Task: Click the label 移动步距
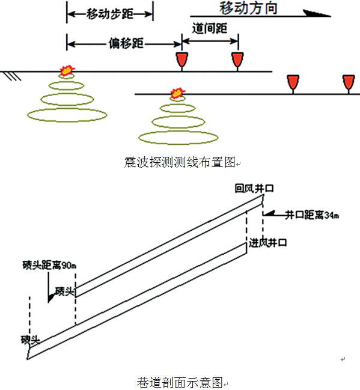pyautogui.click(x=110, y=14)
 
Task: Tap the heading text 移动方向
pyautogui.click(x=248, y=8)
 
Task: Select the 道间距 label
pyautogui.click(x=210, y=28)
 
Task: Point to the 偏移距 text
pyautogui.click(x=126, y=43)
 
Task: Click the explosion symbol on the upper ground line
pyautogui.click(x=67, y=70)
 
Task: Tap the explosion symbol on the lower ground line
pyautogui.click(x=178, y=93)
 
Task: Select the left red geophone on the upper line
pyautogui.click(x=182, y=61)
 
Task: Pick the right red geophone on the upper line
pyautogui.click(x=237, y=61)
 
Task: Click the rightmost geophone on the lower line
pyautogui.click(x=349, y=84)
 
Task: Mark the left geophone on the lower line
pyautogui.click(x=293, y=84)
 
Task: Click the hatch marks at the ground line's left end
pyautogui.click(x=13, y=76)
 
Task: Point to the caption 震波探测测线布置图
pyautogui.click(x=180, y=162)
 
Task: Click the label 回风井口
pyautogui.click(x=254, y=188)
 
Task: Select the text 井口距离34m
pyautogui.click(x=312, y=215)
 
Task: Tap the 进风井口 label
pyautogui.click(x=267, y=243)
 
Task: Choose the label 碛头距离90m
pyautogui.click(x=49, y=265)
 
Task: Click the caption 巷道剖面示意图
pyautogui.click(x=180, y=382)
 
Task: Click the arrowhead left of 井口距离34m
pyautogui.click(x=269, y=214)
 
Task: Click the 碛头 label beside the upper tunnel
pyautogui.click(x=64, y=291)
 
